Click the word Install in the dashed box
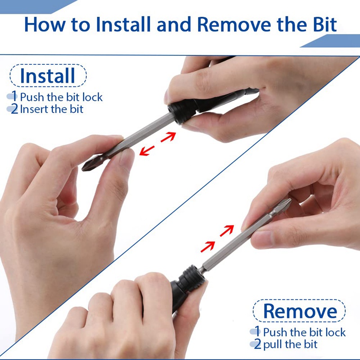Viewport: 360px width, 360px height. (48, 76)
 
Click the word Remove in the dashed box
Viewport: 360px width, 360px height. (300, 311)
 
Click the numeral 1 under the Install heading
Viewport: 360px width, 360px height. (14, 96)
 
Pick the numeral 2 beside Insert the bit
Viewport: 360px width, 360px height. (14, 109)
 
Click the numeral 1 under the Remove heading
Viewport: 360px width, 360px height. (258, 332)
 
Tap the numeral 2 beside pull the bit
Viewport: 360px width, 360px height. (257, 344)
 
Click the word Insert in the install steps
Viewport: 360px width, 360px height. (34, 109)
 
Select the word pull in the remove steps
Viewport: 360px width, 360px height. (273, 345)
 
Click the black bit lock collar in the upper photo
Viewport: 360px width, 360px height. (180, 112)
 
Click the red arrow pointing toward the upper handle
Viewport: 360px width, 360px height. (168, 137)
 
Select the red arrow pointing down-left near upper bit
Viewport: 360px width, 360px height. (147, 151)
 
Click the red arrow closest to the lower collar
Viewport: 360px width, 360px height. (207, 247)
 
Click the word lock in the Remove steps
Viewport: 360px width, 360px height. (336, 332)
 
